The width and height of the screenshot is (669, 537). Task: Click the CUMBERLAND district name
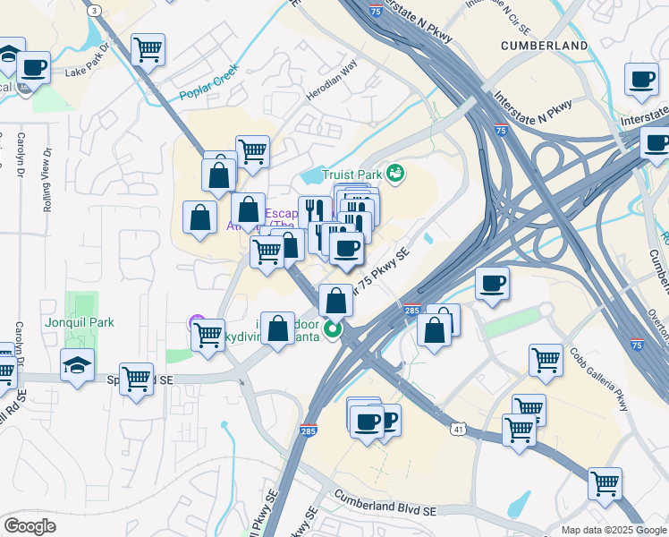pos(544,45)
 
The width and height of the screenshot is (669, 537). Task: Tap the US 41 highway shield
pos(457,430)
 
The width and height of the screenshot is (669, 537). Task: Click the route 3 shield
pos(94,9)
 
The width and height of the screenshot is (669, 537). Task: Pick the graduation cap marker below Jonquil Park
pos(77,365)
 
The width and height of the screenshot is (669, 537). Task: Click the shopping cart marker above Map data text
pos(605,483)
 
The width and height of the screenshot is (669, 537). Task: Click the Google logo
pos(30,526)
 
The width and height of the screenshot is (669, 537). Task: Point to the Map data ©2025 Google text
pos(612,530)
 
